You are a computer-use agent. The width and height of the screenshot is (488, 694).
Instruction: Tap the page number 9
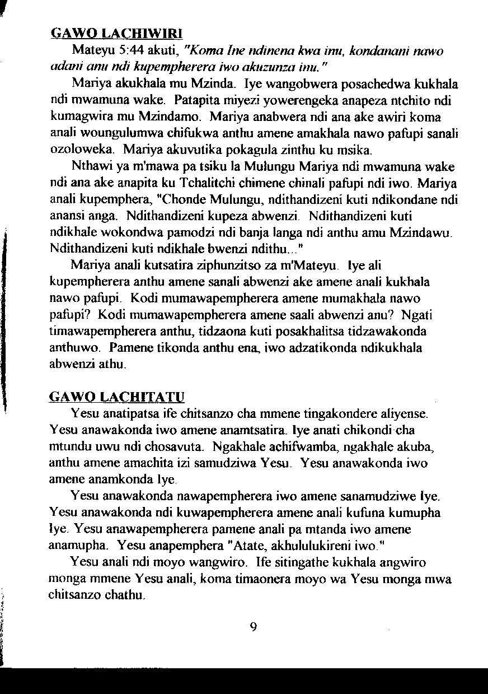pos(253,627)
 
